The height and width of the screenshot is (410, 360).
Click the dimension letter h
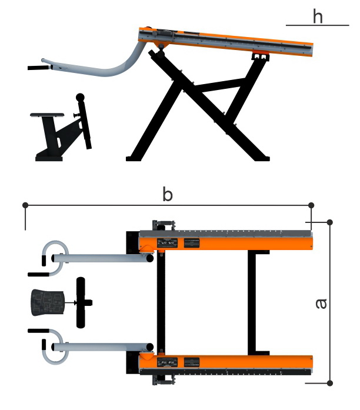[318, 16]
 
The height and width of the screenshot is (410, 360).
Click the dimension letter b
[168, 194]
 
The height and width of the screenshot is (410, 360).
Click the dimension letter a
[321, 304]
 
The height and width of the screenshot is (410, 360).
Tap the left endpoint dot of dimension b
[25, 205]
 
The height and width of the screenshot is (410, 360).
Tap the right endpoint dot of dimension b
[311, 205]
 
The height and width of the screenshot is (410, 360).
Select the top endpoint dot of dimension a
[330, 222]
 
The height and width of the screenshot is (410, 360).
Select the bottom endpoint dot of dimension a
[330, 384]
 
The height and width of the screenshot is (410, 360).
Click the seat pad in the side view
[47, 115]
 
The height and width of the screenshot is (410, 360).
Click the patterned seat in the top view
[48, 302]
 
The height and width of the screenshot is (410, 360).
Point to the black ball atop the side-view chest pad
[80, 98]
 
